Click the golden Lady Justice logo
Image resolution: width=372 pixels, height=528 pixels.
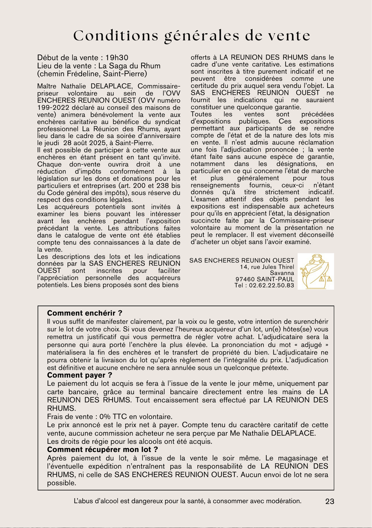click(x=316, y=271)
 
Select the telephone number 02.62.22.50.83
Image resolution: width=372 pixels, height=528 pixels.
click(x=271, y=285)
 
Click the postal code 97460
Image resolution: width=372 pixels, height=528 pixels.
click(x=245, y=279)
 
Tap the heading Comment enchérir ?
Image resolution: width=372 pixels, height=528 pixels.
click(x=84, y=313)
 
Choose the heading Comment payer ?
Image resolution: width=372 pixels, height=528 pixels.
click(x=79, y=375)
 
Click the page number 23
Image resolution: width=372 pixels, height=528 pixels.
click(x=330, y=501)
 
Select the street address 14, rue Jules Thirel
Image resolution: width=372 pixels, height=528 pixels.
click(x=267, y=267)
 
